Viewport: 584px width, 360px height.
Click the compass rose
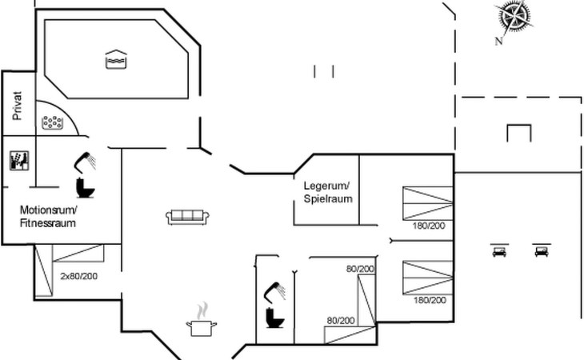pos(515,17)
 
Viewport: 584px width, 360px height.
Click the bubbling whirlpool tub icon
pos(54,122)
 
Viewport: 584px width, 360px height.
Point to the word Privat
pos(17,106)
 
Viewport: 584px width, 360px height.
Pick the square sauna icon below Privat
pos(18,160)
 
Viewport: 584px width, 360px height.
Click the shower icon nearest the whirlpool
pos(85,162)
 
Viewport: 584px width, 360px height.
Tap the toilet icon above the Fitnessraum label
pos(85,187)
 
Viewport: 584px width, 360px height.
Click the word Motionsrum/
pos(48,210)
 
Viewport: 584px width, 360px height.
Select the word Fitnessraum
pos(48,223)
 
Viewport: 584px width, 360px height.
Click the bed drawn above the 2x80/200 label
pos(78,254)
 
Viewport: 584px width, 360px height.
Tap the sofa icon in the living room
pos(187,216)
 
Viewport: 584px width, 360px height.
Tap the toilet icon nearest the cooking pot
pos(275,317)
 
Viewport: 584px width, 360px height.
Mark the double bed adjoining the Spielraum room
pos(427,203)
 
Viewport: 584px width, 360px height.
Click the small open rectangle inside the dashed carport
pos(518,132)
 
